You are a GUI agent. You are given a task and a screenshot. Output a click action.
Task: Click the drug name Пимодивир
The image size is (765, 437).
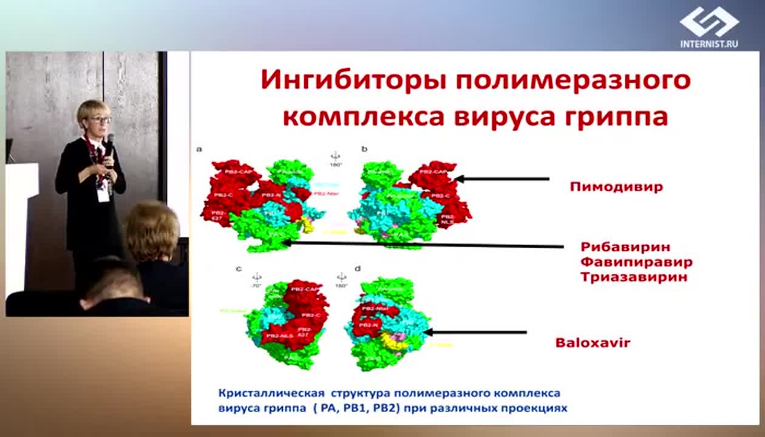pos(616,186)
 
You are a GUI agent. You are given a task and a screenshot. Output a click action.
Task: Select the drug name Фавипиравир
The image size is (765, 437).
pos(636,262)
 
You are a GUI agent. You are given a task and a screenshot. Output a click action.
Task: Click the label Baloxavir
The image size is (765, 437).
pos(593,343)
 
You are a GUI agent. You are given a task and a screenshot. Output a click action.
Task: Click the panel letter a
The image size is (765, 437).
pos(199,148)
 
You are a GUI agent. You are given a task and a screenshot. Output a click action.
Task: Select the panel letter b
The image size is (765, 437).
pos(364,148)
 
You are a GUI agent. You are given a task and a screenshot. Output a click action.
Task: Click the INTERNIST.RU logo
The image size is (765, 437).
pos(709,27)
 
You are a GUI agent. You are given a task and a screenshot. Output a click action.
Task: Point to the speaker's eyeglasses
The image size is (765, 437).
pos(100,120)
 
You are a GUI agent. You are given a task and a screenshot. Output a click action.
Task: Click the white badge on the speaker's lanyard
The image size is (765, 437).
pos(104,192)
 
